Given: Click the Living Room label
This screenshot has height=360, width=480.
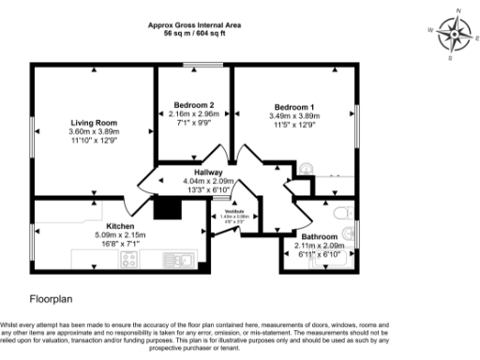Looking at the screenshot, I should click(x=94, y=122).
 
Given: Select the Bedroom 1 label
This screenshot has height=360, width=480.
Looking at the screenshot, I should click(x=294, y=106).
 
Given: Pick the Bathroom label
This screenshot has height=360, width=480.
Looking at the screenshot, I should click(x=319, y=236).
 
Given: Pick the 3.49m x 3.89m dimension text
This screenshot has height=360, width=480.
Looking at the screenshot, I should click(x=294, y=115).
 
